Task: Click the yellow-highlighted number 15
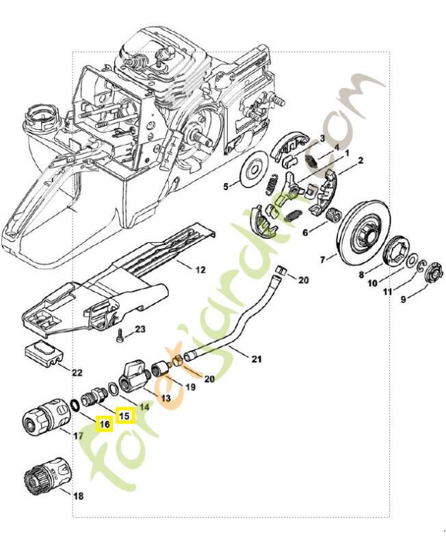(x=124, y=414)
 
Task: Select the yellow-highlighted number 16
(x=104, y=425)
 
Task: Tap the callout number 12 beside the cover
(x=200, y=269)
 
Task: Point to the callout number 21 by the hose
(x=257, y=359)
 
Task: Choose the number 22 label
(x=77, y=373)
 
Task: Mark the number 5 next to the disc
(x=226, y=186)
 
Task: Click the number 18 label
(x=78, y=496)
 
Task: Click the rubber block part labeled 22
(x=44, y=354)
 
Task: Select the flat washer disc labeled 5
(x=253, y=170)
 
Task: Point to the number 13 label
(x=165, y=398)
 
